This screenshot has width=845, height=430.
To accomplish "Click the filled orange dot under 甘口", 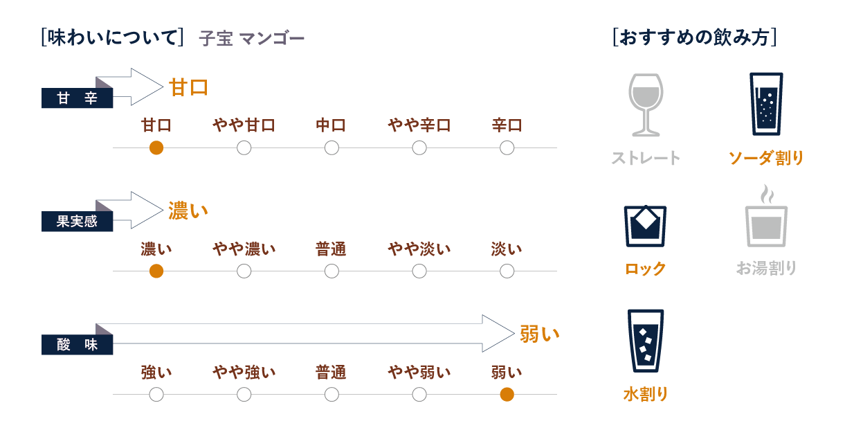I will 156,147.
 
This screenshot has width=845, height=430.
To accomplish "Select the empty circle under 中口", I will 331,147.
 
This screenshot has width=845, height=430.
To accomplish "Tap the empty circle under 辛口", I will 507,147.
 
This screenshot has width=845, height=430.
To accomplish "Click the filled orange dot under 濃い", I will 156,271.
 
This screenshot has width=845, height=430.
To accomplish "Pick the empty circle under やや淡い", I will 419,271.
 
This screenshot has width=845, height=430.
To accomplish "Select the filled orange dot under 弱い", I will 507,395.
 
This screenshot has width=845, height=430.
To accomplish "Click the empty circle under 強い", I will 156,395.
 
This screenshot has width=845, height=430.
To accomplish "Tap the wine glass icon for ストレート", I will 645,105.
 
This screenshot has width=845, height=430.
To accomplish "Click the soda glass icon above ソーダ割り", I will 766,104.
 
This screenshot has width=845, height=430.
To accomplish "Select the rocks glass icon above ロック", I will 645,226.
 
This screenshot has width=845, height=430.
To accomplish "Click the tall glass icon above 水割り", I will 645,341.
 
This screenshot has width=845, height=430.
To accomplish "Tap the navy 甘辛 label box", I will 77,98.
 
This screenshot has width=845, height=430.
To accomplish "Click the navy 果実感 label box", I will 77,222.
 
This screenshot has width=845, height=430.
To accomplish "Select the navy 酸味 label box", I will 77,345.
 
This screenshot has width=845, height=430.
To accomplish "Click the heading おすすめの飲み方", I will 694,37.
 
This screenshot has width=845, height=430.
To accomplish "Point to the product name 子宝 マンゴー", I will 251,39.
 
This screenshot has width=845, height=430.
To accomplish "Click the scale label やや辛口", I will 419,125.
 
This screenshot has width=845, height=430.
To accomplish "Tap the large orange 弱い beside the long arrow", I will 539,335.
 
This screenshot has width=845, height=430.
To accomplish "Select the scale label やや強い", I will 244,373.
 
